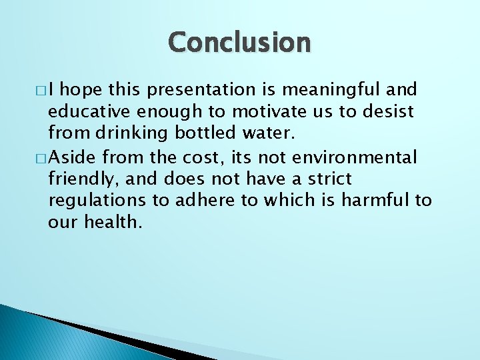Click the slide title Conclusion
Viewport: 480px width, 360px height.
[x=239, y=42]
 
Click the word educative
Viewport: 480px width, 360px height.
[x=89, y=111]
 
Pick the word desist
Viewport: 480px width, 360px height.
[x=388, y=111]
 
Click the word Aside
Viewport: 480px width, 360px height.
[x=71, y=157]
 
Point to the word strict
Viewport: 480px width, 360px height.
[x=326, y=179]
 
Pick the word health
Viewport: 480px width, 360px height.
[x=113, y=222]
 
